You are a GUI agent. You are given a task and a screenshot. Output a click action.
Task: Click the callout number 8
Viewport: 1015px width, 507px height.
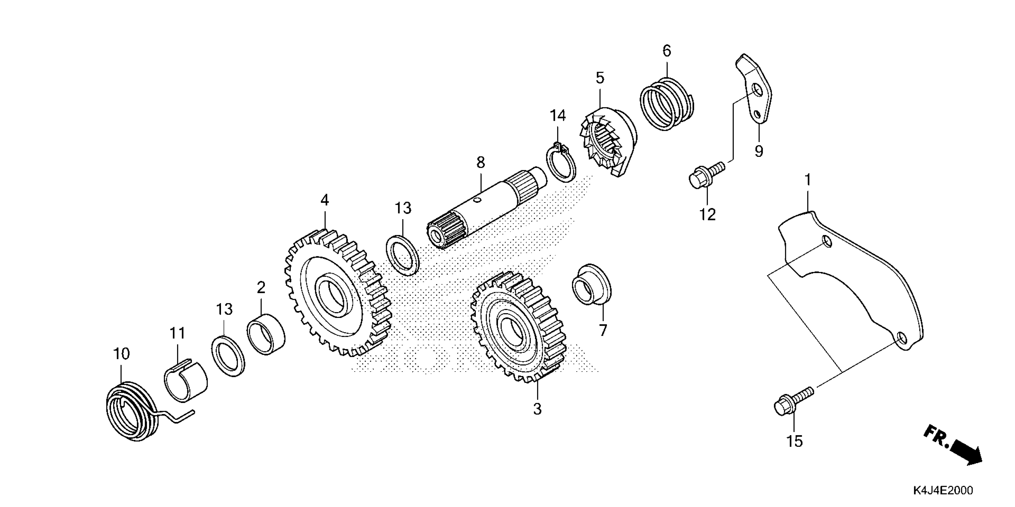pyautogui.click(x=480, y=162)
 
